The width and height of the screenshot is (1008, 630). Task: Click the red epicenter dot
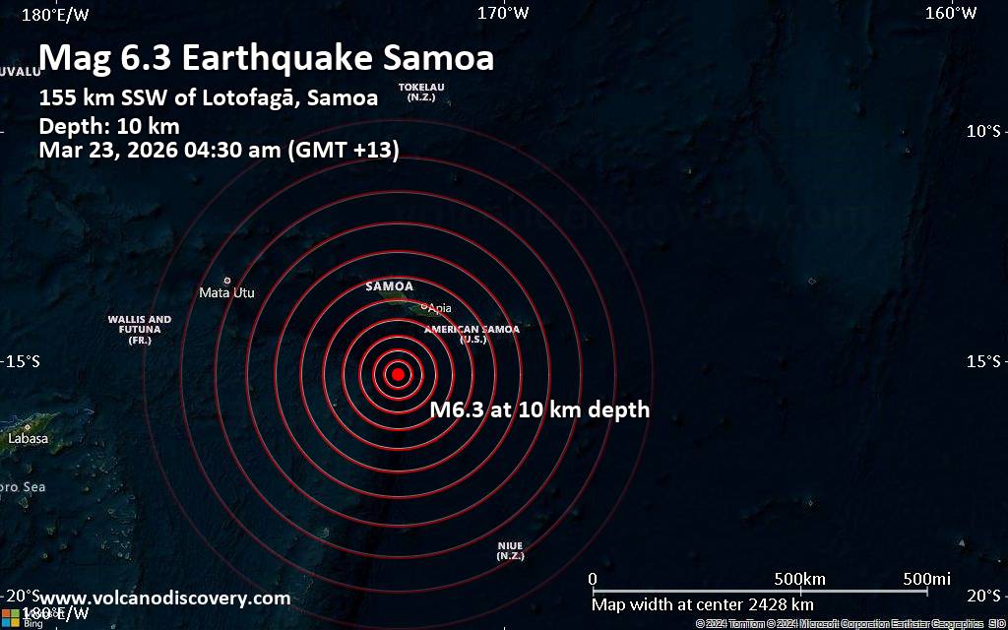(397, 374)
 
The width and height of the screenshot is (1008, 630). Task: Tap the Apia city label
(440, 308)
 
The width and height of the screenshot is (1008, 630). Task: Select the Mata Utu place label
(226, 292)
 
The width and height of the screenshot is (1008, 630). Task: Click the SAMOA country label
(390, 286)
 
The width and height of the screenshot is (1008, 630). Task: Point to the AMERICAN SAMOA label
(472, 330)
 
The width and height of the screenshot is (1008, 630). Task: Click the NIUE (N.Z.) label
(510, 550)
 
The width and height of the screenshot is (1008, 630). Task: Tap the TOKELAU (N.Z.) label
(421, 92)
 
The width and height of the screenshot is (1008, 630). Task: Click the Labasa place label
(28, 438)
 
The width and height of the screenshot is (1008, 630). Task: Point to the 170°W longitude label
(503, 13)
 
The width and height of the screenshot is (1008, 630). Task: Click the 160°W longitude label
(951, 13)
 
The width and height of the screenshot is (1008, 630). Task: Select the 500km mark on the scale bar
(799, 578)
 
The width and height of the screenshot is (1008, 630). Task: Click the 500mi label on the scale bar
(925, 578)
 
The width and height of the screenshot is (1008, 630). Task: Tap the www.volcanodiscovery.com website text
(165, 598)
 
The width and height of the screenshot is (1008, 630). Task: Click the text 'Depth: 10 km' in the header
(108, 126)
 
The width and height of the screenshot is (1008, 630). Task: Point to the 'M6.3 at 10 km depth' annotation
(540, 410)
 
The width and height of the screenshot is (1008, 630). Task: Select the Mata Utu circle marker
(226, 281)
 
